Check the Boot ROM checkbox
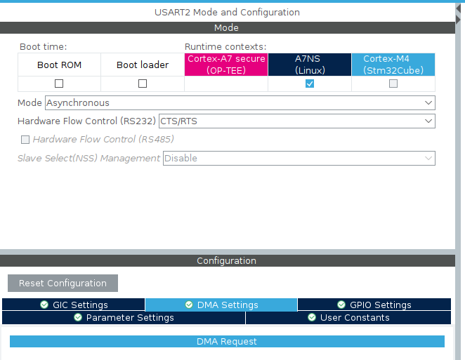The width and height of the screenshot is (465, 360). click(59, 84)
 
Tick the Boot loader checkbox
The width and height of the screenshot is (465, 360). click(143, 84)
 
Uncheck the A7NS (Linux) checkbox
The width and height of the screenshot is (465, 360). click(310, 84)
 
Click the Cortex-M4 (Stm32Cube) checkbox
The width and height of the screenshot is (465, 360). click(393, 84)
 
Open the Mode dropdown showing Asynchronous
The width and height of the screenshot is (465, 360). click(240, 103)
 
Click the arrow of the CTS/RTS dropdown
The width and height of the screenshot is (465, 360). click(428, 121)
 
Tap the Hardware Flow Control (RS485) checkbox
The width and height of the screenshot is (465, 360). click(25, 139)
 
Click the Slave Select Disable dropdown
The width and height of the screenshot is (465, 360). click(299, 158)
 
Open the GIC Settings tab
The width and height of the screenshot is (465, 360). click(74, 305)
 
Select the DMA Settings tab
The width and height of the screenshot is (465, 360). click(221, 305)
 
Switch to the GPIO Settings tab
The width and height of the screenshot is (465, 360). click(374, 305)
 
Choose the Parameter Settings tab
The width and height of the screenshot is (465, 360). click(124, 318)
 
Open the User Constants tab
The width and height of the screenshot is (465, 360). click(348, 318)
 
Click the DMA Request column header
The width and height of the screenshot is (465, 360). click(227, 341)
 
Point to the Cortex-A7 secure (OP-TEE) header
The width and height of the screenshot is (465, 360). click(226, 65)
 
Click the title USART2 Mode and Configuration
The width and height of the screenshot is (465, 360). click(227, 12)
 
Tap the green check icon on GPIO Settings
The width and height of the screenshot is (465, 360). click(341, 305)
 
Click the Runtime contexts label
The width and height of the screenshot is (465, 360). click(225, 47)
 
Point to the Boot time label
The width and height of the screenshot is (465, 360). click(44, 47)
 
